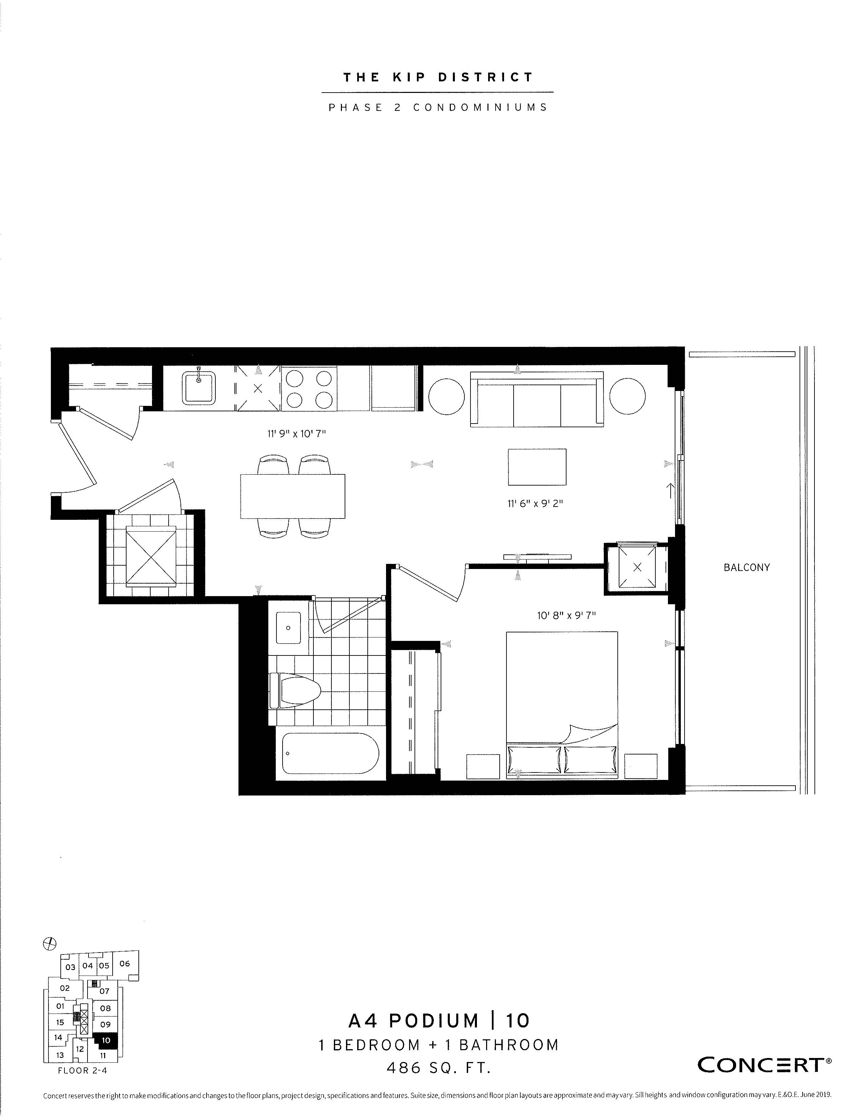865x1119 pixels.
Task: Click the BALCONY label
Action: point(746,567)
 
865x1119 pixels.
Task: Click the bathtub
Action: point(330,753)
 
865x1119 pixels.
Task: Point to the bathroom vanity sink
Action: point(289,627)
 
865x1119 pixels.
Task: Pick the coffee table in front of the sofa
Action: point(537,467)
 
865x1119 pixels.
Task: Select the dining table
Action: point(293,496)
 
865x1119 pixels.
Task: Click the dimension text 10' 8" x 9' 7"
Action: point(566,615)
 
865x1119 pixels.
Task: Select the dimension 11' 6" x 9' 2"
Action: point(535,503)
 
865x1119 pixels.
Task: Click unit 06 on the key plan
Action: point(124,963)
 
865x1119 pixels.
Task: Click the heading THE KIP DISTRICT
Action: point(438,77)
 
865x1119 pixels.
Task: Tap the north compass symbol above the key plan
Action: point(50,943)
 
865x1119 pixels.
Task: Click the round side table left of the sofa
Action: point(446,397)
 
